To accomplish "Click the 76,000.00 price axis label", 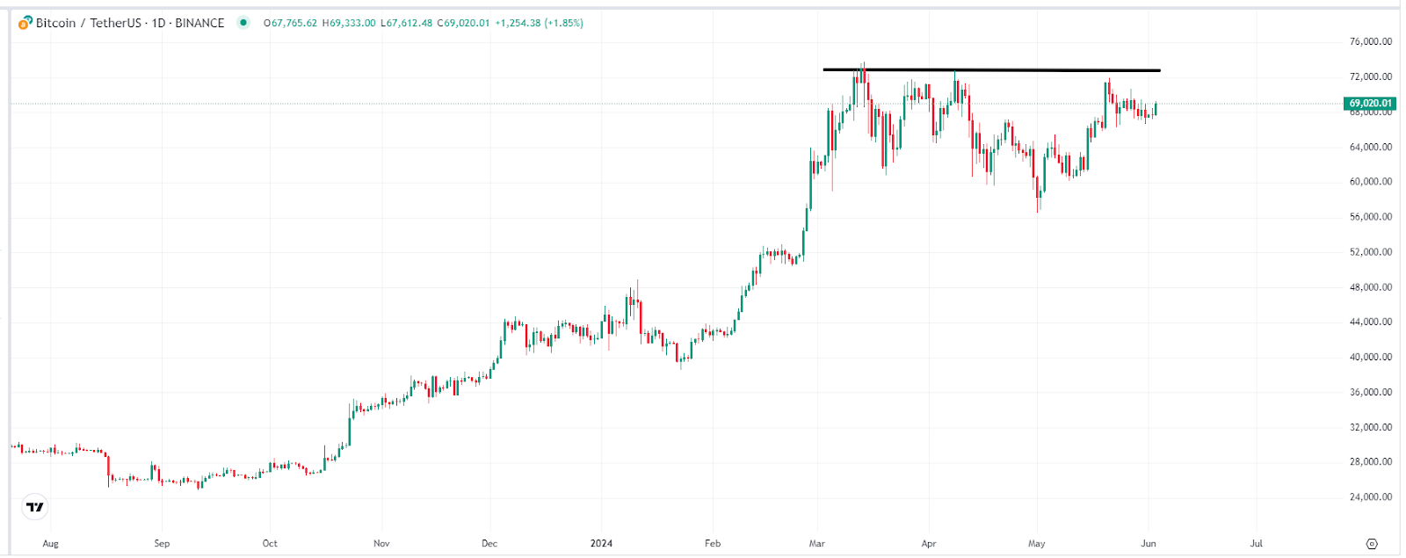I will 1370,41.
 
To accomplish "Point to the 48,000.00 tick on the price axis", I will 1370,287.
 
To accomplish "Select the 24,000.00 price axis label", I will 1370,497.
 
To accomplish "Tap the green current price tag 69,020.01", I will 1370,104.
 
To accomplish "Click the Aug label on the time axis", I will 51,543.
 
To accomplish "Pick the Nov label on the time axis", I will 381,543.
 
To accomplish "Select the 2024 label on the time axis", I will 601,543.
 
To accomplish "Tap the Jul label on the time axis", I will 1257,543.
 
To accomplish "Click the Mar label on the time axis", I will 817,543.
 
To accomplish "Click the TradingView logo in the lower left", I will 35,507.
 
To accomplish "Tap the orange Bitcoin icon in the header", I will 25,23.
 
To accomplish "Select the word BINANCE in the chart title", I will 199,23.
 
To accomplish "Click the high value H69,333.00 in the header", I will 349,23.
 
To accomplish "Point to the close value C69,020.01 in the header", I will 463,23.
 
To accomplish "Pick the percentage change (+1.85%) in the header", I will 564,23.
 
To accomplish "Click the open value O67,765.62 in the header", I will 290,23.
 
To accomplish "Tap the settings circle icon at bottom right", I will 1372,543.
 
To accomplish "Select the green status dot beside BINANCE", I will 243,23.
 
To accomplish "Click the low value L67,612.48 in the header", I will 406,23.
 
